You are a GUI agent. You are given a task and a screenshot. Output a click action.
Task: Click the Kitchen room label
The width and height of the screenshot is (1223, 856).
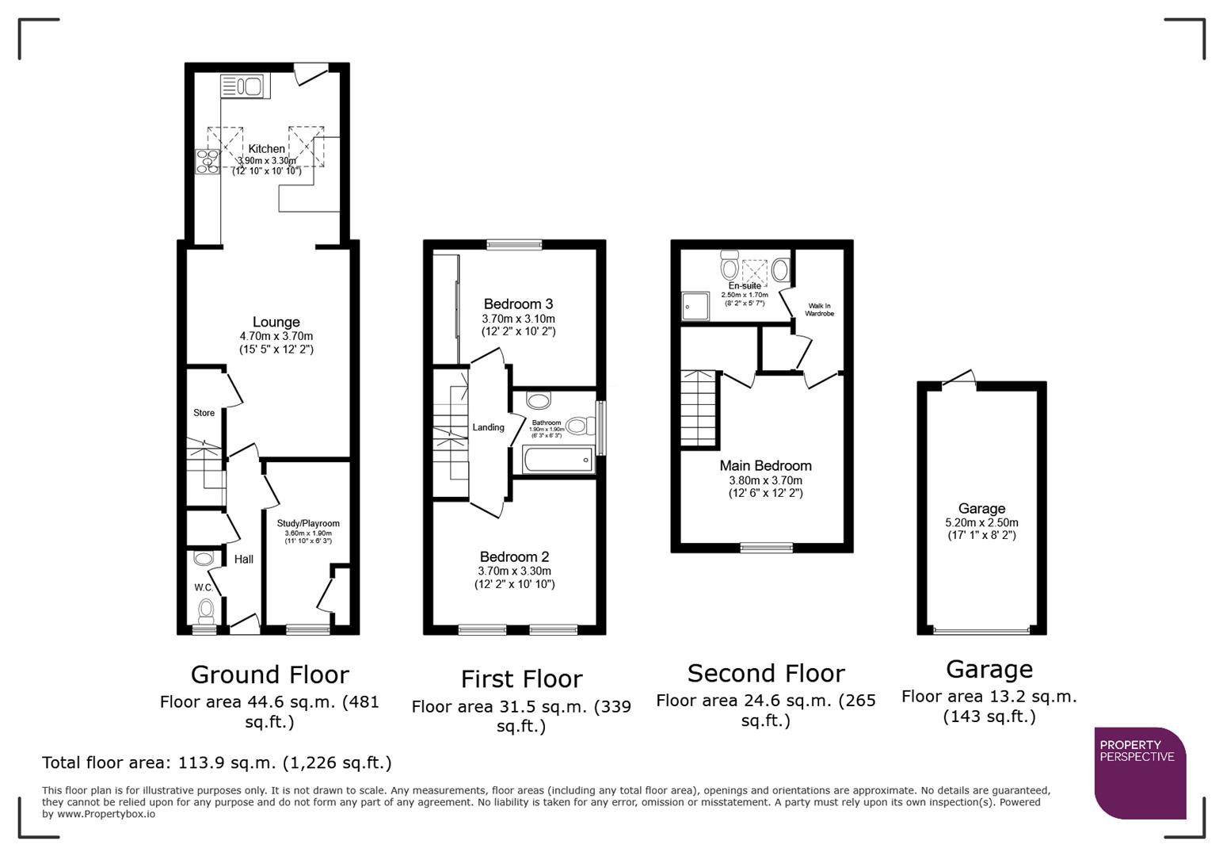coord(266,149)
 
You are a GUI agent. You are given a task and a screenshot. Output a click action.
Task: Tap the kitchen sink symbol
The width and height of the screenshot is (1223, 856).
coord(245,86)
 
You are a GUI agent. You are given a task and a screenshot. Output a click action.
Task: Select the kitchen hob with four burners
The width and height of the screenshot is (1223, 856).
coord(208,161)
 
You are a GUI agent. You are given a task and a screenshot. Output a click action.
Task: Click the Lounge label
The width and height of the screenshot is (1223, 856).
coord(276,322)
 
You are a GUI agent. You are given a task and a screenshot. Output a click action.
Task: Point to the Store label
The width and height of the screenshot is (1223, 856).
coord(204,413)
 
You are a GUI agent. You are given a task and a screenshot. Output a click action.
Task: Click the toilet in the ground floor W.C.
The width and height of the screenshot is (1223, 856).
coord(206,610)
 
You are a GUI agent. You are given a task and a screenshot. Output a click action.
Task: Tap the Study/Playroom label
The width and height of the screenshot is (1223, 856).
coord(308,523)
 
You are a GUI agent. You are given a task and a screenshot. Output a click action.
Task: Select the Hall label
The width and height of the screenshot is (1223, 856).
coord(244,560)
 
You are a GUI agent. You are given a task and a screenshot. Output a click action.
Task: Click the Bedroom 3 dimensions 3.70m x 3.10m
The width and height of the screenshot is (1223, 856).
coord(518,319)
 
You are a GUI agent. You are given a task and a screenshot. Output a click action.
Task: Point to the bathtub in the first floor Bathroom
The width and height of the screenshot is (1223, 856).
coord(557,460)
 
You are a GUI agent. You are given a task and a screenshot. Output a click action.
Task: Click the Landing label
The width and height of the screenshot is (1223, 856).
coord(488,427)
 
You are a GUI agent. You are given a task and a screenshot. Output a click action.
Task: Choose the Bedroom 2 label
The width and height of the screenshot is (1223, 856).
coord(514,556)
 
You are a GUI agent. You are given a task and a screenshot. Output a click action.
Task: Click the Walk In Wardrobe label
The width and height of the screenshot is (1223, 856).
coord(819,310)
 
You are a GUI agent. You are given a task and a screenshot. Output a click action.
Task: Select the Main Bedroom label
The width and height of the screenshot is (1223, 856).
coord(765,466)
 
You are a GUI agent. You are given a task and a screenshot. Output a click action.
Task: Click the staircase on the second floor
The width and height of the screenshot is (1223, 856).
coord(699,409)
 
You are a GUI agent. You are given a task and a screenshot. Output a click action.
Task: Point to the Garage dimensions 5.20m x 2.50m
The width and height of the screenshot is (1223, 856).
coord(981,523)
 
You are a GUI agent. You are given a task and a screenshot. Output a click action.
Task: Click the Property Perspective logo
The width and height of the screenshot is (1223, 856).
coord(1139,772)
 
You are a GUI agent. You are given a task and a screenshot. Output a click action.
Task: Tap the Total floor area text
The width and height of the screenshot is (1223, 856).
coord(216,763)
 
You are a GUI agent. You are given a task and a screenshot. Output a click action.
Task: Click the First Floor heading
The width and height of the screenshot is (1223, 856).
coord(521,679)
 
